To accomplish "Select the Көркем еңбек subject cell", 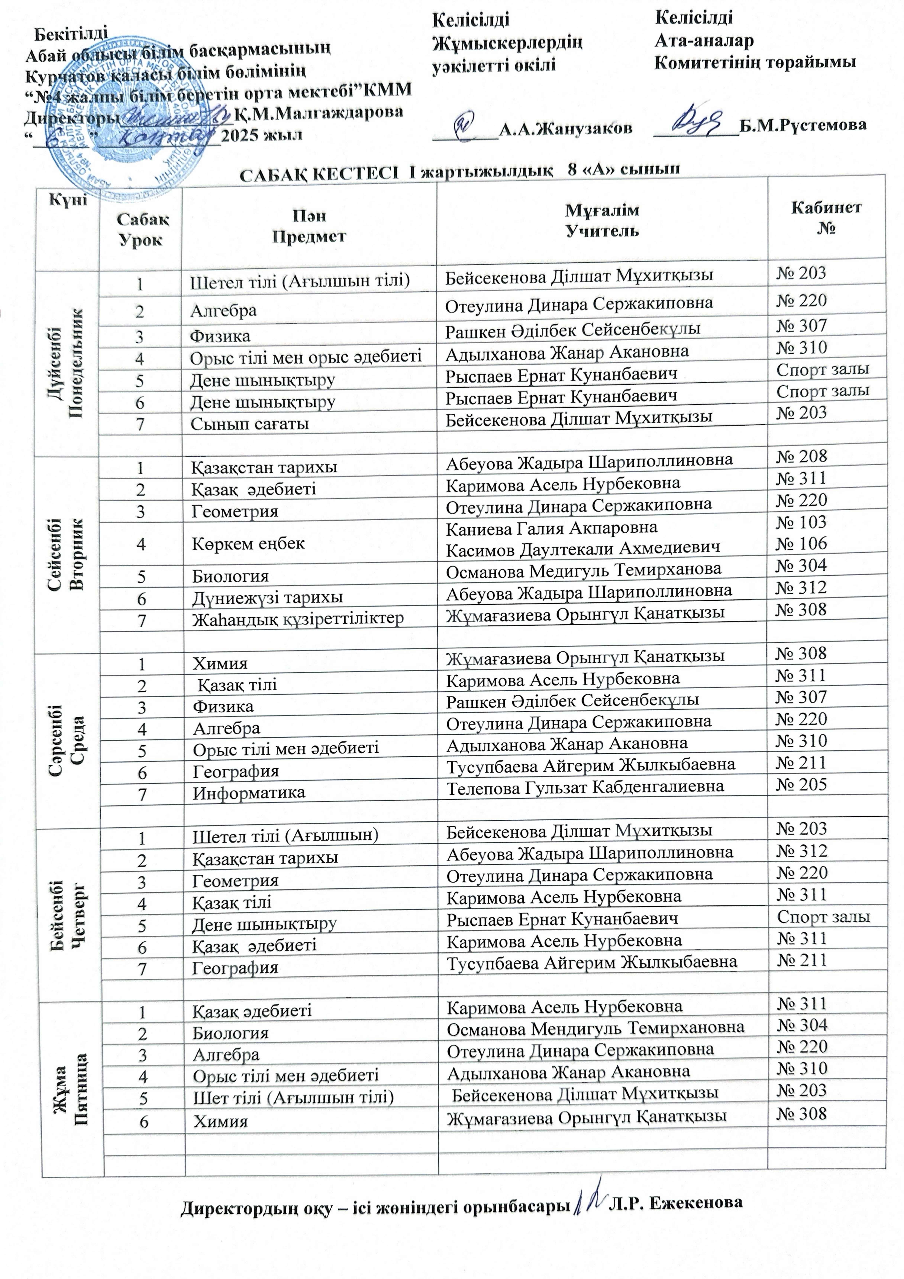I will click(x=248, y=543).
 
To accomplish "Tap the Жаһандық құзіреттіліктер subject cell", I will click(x=298, y=619).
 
